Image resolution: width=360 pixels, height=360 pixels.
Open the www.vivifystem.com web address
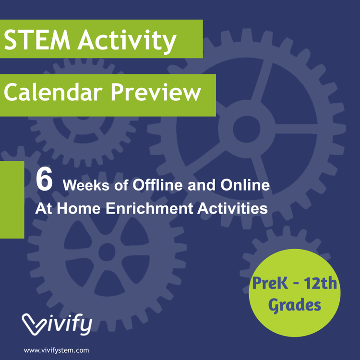pyautogui.click(x=56, y=350)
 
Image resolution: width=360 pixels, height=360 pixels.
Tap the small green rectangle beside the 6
pyautogui.click(x=12, y=199)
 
